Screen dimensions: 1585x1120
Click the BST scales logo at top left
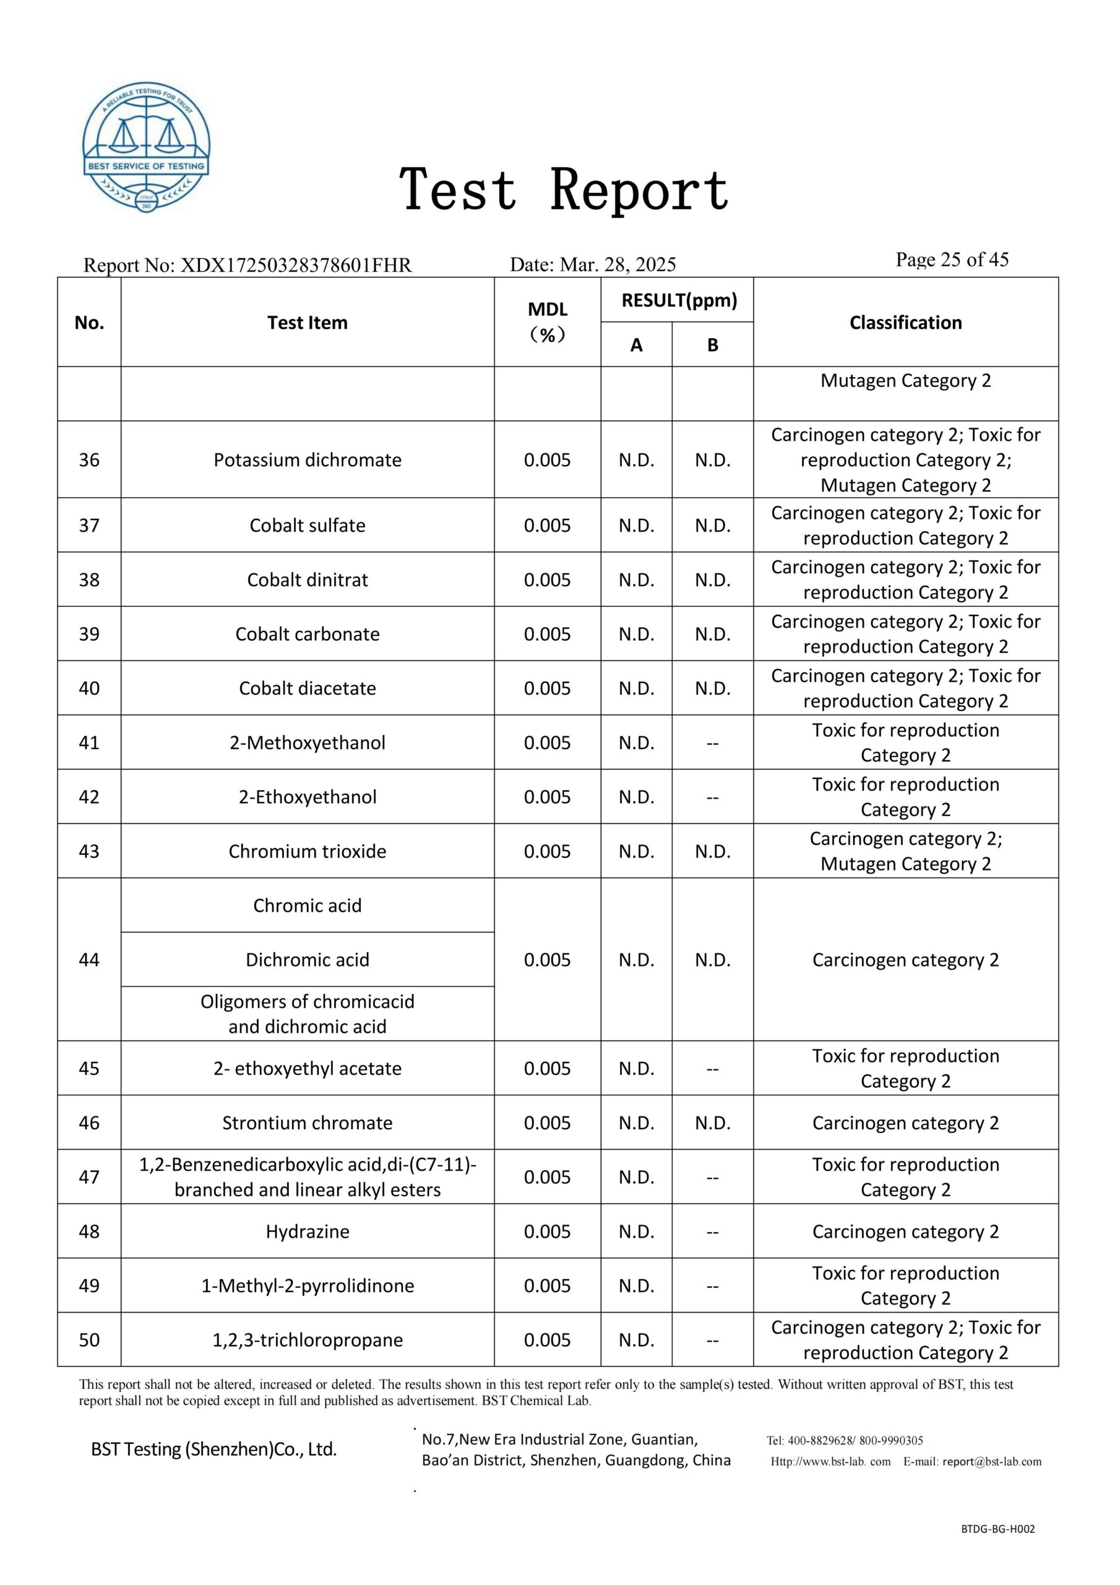tap(146, 147)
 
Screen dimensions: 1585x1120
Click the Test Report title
tap(564, 189)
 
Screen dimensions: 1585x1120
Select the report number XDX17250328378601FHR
tap(295, 265)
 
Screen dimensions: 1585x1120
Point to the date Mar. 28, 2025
tap(618, 264)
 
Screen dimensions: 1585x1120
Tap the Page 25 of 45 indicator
tap(952, 259)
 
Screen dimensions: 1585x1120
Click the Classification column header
tap(905, 323)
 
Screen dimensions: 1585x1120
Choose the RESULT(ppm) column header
tap(679, 300)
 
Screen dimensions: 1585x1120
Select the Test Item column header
tap(307, 323)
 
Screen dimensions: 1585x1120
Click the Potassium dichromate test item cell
tap(307, 460)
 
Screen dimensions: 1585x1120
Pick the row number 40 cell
tap(89, 688)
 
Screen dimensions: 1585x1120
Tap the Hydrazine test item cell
tap(307, 1231)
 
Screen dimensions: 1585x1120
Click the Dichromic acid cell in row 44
tap(307, 960)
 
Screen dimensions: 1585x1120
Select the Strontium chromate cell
tap(307, 1123)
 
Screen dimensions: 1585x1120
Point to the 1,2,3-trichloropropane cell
tap(307, 1340)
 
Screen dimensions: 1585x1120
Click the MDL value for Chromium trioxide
tap(546, 851)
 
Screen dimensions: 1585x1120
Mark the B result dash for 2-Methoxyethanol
tap(712, 743)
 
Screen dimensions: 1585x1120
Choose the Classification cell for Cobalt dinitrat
tap(905, 579)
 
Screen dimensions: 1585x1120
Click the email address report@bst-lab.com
tap(992, 1461)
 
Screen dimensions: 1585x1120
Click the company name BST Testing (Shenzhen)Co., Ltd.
tap(214, 1449)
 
